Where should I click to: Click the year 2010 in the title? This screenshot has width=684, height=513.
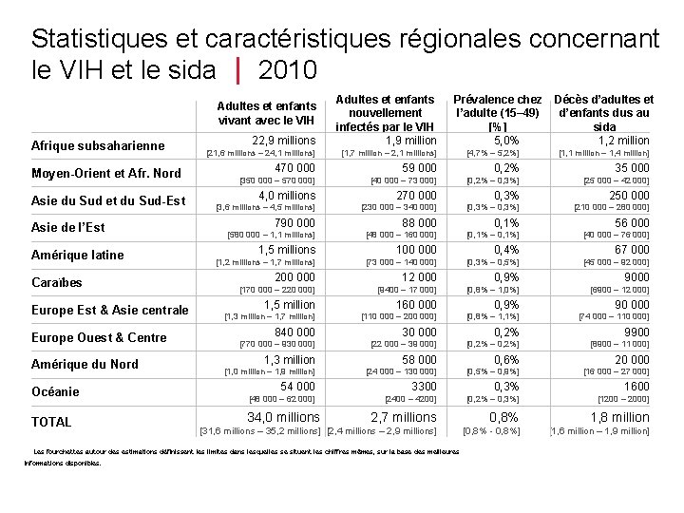(287, 70)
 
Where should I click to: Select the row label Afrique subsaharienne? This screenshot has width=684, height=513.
(99, 145)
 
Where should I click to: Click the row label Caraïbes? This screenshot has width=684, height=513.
(58, 282)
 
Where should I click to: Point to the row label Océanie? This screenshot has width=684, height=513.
(56, 391)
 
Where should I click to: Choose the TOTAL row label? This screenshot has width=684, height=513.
(52, 422)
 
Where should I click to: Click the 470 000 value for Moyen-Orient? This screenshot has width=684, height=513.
(294, 168)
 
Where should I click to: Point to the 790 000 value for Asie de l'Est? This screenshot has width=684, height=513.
(294, 223)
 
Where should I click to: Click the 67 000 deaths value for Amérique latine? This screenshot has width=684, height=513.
(632, 250)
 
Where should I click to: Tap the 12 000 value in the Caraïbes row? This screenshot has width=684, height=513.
(419, 277)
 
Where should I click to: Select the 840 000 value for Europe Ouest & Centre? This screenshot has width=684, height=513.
(294, 332)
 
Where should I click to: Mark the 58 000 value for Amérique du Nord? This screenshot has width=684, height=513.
(419, 360)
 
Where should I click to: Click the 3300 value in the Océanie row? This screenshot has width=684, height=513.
(423, 387)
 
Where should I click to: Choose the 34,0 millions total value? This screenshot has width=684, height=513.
(283, 417)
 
